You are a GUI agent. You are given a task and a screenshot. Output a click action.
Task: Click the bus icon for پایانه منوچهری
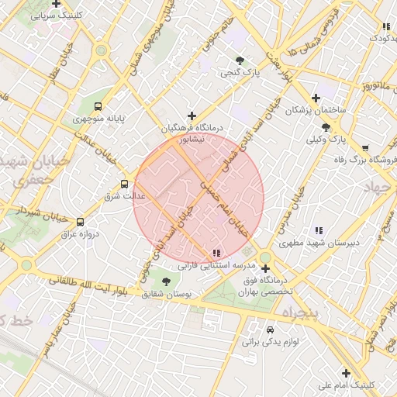(x=98, y=106)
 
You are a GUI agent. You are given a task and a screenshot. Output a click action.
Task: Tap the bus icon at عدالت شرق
(x=124, y=184)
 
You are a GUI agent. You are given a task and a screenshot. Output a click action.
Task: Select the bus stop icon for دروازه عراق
(x=81, y=222)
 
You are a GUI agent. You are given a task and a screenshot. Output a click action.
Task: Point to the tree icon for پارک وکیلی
(x=325, y=127)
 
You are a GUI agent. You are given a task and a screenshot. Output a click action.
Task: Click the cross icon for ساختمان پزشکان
(x=315, y=98)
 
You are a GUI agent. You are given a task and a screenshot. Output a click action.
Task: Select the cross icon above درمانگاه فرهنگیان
(x=192, y=116)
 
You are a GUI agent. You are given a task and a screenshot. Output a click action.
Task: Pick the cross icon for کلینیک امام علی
(x=324, y=372)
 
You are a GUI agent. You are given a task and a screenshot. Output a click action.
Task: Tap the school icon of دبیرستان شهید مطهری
(x=318, y=230)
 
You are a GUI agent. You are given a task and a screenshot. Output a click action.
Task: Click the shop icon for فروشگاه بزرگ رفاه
(x=365, y=147)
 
